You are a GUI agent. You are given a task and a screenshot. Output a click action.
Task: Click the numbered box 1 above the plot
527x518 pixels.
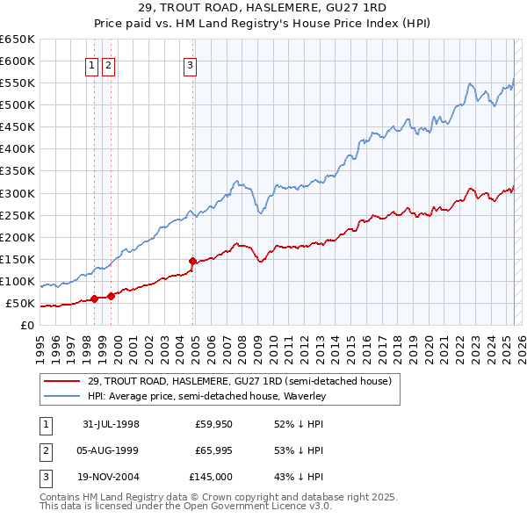(91, 64)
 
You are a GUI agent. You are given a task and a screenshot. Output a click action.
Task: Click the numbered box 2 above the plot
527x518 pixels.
(107, 64)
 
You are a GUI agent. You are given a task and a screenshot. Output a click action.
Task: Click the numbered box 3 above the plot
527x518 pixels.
(190, 64)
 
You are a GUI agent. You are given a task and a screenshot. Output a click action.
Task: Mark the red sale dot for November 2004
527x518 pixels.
(192, 261)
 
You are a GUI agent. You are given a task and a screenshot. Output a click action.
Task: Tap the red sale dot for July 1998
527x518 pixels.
(94, 299)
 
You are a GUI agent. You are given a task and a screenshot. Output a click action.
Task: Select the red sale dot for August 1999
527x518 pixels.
(111, 296)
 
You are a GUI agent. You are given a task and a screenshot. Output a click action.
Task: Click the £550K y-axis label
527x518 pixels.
(18, 83)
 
